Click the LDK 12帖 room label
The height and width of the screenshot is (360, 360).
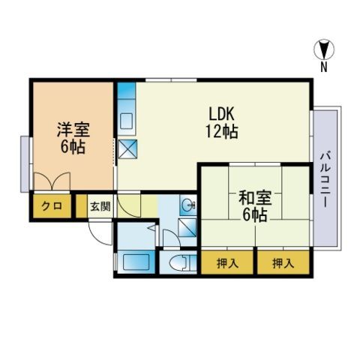pyautogui.click(x=223, y=121)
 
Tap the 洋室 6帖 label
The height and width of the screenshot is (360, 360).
pyautogui.click(x=72, y=136)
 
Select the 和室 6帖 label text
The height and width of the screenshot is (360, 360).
pyautogui.click(x=253, y=206)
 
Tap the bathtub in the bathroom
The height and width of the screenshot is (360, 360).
pyautogui.click(x=136, y=263)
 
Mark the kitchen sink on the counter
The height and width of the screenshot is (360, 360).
pyautogui.click(x=126, y=119)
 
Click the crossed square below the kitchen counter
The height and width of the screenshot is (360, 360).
pyautogui.click(x=127, y=148)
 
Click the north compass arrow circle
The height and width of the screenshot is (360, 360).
pyautogui.click(x=324, y=50)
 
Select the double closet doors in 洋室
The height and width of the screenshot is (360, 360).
pyautogui.click(x=49, y=182)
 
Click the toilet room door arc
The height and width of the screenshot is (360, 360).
pyautogui.click(x=170, y=239)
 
